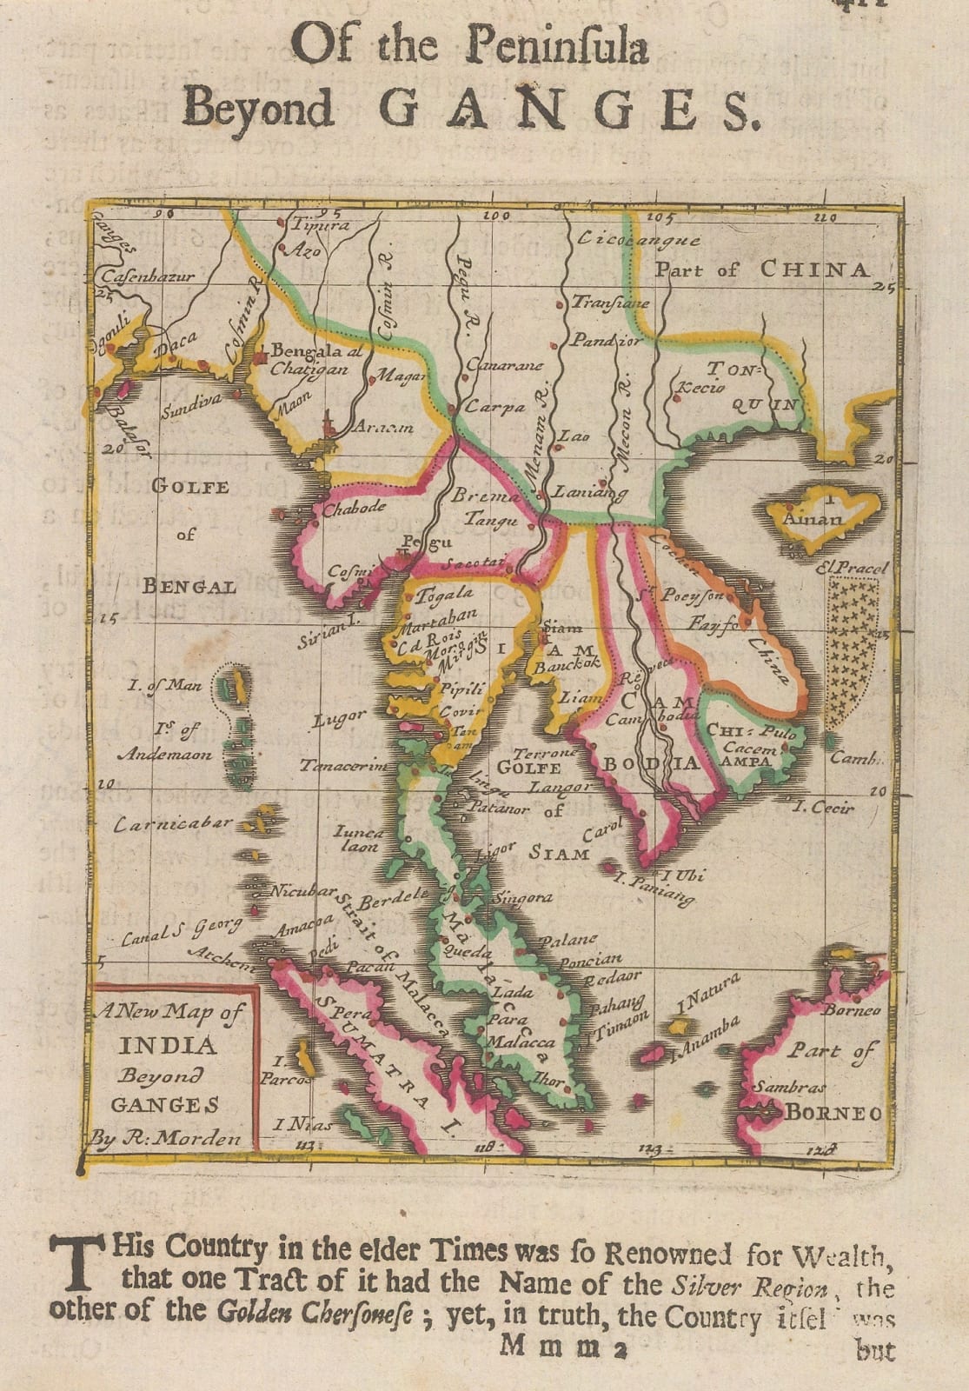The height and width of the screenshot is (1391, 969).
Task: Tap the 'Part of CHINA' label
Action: [x=761, y=270]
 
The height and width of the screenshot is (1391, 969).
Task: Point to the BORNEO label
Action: [x=834, y=1114]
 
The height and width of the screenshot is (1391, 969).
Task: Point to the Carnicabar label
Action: [x=174, y=822]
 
